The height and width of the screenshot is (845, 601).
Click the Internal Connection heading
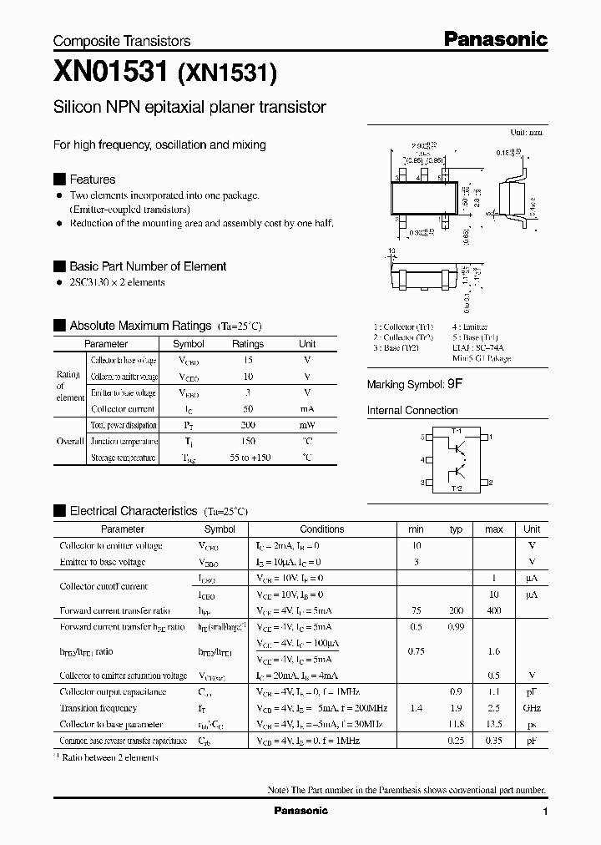[x=412, y=411]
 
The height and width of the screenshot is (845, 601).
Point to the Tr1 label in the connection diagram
[x=456, y=430]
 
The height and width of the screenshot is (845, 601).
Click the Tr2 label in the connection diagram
[x=456, y=488]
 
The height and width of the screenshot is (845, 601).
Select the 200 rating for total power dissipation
[x=247, y=425]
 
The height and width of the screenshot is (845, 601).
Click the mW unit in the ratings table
[x=307, y=425]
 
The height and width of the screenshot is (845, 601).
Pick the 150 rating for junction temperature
[x=247, y=441]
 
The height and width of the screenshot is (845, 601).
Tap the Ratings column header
[x=247, y=344]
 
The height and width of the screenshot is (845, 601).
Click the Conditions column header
[x=321, y=529]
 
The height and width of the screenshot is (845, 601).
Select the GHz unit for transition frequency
[x=531, y=708]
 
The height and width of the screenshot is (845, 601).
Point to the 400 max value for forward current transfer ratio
[x=493, y=610]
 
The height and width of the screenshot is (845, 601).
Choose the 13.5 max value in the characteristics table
[x=493, y=725]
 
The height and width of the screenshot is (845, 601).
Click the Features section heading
[x=92, y=180]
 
